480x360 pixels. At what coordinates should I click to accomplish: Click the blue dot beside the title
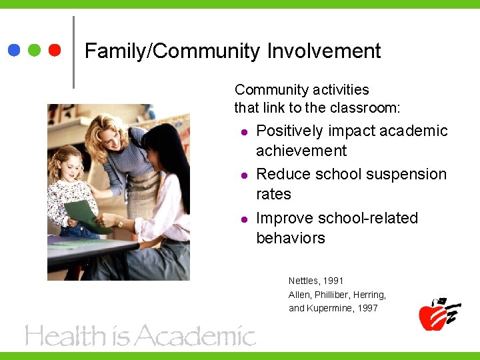point(13,51)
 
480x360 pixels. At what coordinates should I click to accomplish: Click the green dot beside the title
point(34,51)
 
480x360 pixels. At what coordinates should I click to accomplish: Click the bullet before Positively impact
point(245,131)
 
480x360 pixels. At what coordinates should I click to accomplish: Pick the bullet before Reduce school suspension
point(245,175)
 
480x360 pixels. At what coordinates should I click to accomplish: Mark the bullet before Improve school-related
point(245,219)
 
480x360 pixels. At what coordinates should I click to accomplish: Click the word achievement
point(301,151)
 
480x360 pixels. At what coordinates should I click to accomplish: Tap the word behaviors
point(291,238)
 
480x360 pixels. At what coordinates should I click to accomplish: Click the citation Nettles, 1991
point(316,281)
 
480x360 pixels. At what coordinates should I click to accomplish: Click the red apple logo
point(435,315)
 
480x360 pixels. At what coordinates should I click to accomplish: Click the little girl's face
point(67,165)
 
